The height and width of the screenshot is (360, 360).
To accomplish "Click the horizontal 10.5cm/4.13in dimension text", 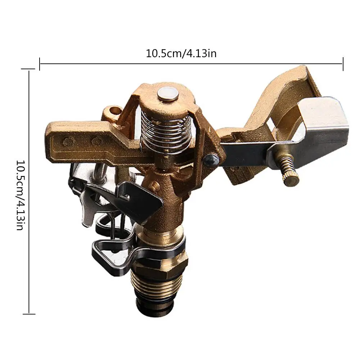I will pyautogui.click(x=181, y=54).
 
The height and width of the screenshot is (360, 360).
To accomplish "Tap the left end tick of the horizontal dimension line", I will pyautogui.click(x=40, y=64).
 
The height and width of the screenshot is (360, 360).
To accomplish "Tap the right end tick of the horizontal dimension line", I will pyautogui.click(x=343, y=64).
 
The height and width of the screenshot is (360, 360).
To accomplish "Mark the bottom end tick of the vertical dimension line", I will pyautogui.click(x=29, y=314).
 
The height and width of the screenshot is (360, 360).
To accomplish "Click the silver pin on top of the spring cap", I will pyautogui.click(x=168, y=94).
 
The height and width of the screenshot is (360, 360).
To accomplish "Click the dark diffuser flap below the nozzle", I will pyautogui.click(x=140, y=200).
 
